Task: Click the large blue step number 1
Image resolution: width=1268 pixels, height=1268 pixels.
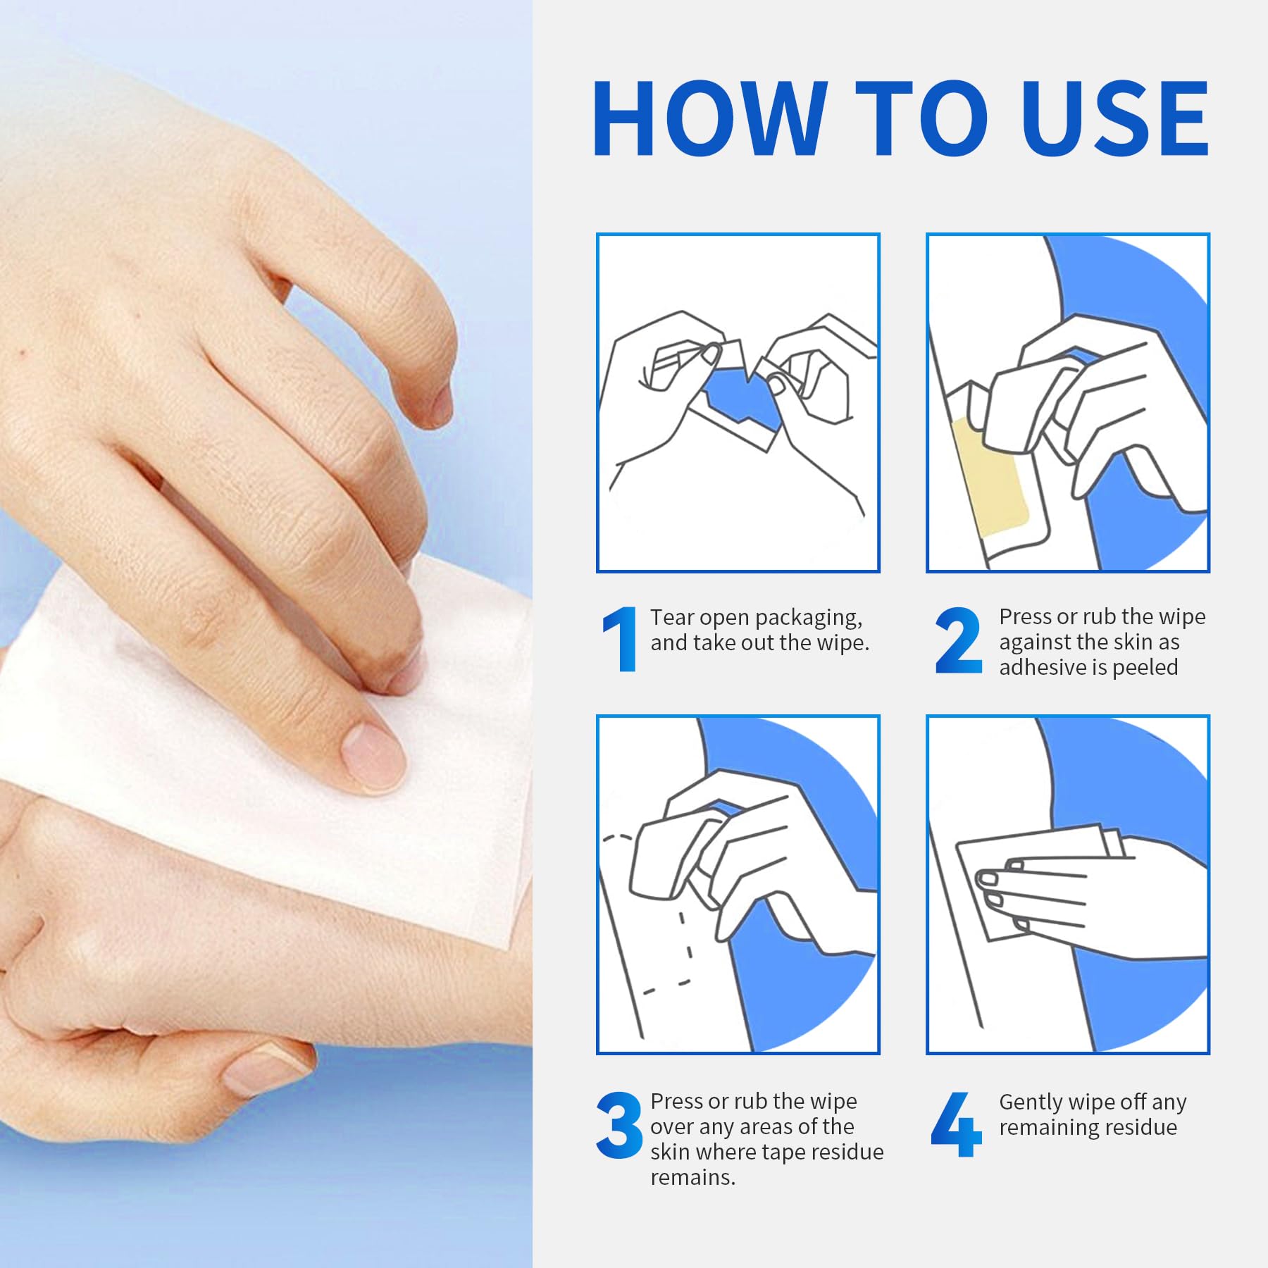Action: click(x=619, y=639)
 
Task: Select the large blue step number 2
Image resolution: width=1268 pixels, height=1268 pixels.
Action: click(x=959, y=640)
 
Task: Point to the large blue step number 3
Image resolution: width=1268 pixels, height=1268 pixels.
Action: click(x=619, y=1124)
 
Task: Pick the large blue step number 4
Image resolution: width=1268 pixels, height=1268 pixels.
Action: click(x=956, y=1124)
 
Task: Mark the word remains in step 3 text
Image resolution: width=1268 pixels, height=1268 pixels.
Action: click(x=692, y=1178)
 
